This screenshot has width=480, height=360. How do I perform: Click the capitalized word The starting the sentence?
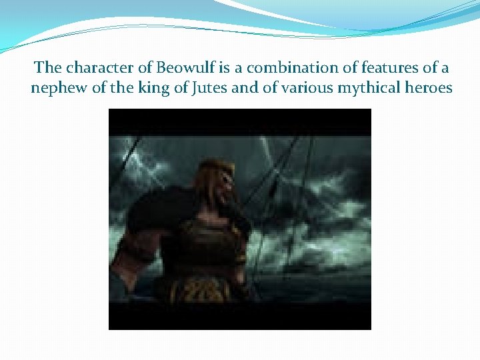(47, 68)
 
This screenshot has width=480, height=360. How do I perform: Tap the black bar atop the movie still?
(240, 121)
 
